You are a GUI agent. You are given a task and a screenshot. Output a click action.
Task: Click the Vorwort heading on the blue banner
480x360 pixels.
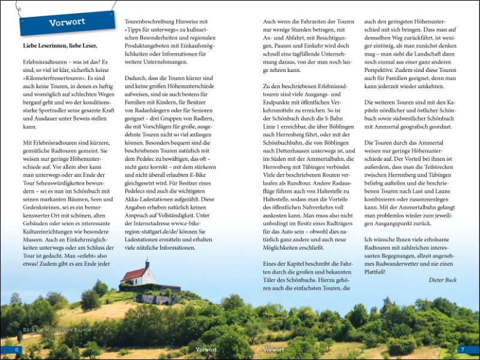[x=67, y=23]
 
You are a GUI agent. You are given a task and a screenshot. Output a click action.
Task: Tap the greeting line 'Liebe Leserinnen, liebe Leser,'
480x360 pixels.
[x=59, y=45]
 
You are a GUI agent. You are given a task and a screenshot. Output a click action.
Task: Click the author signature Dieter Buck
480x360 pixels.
[x=443, y=280]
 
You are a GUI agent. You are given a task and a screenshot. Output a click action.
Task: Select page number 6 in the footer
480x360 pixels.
[x=17, y=349]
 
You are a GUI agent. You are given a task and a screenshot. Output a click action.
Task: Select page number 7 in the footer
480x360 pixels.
[x=462, y=349]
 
